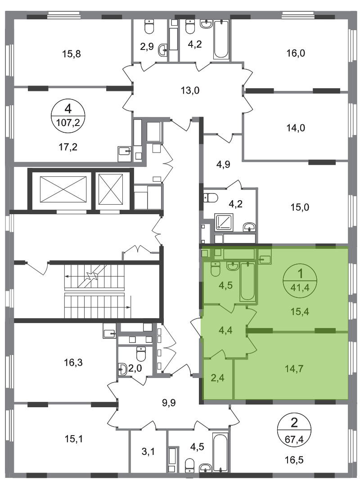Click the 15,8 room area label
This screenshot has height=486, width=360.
pyautogui.click(x=71, y=54)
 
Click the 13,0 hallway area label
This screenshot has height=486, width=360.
pyautogui.click(x=190, y=91)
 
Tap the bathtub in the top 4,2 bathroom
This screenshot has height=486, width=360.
pyautogui.click(x=221, y=39)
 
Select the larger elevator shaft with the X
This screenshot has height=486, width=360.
pyautogui.click(x=63, y=190)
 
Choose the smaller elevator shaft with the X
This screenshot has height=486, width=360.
pyautogui.click(x=111, y=190)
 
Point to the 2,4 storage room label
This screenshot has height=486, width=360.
pyautogui.click(x=217, y=378)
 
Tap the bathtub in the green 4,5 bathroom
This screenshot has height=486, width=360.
pyautogui.click(x=247, y=281)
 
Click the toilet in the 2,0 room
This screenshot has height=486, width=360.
pyautogui.click(x=141, y=354)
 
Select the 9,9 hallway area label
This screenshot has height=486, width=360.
pyautogui.click(x=169, y=403)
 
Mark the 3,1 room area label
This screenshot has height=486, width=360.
pyautogui.click(x=148, y=452)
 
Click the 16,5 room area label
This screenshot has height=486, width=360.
pyautogui.click(x=294, y=460)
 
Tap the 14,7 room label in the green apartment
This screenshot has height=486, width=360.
pyautogui.click(x=294, y=369)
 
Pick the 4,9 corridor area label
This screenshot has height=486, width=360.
pyautogui.click(x=223, y=164)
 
